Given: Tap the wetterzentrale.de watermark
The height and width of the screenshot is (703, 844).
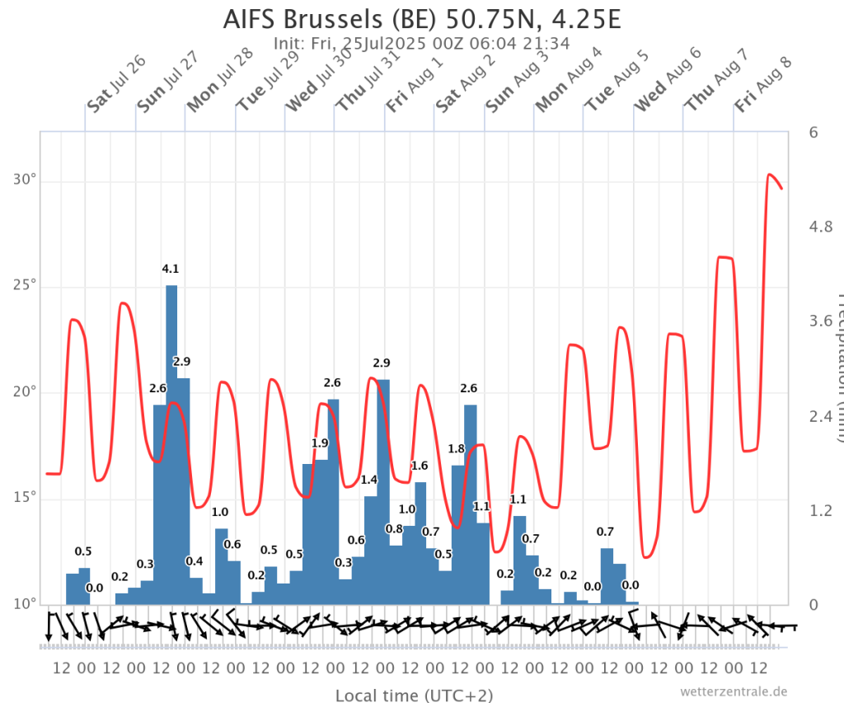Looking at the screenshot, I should tap(734, 691).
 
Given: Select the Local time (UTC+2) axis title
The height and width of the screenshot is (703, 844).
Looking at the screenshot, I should tap(414, 695).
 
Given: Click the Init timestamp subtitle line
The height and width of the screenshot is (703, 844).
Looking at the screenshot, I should tap(421, 43).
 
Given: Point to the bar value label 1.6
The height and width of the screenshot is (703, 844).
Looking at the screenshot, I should tap(420, 466).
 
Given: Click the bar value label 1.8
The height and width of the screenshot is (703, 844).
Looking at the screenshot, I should tap(457, 448).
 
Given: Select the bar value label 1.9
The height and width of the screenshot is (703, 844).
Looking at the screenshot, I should tap(320, 443).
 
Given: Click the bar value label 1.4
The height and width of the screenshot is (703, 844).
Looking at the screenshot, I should tap(369, 480).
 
